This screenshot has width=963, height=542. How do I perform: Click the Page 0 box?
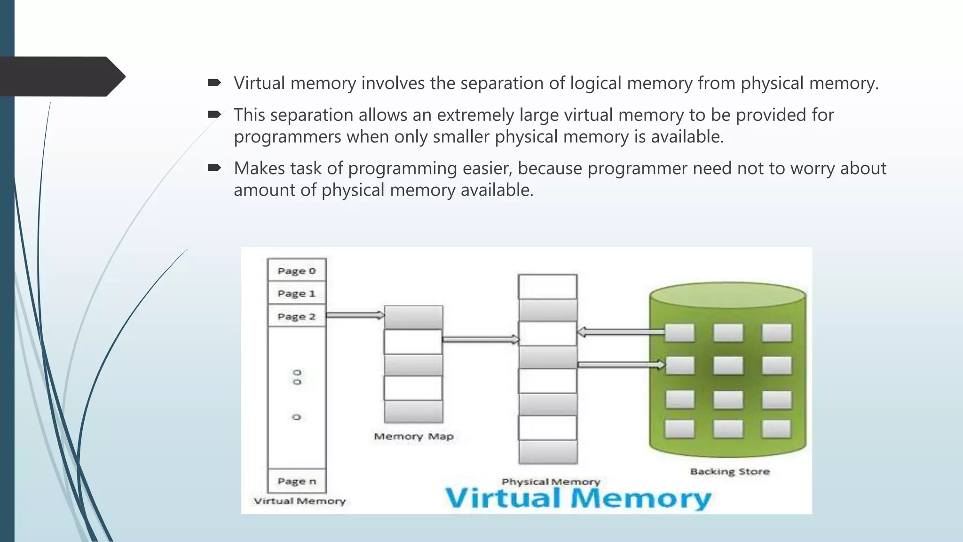point(296,271)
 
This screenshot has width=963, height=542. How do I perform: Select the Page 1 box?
point(296,293)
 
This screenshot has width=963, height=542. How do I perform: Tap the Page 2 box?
point(296,316)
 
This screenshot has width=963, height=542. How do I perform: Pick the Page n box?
point(296,481)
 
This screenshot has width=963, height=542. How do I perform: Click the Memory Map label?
point(414,436)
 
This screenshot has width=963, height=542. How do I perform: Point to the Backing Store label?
point(730,471)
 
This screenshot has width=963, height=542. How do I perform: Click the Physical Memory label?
point(551,481)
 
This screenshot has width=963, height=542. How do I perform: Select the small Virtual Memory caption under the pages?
point(300,501)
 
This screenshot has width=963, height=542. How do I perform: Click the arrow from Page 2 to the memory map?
point(355,315)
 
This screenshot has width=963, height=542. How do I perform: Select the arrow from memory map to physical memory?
point(481,339)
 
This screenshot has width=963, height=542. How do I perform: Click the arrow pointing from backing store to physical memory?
point(621,332)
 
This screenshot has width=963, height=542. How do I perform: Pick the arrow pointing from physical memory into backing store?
point(621,365)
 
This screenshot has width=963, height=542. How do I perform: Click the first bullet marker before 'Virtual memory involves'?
point(214,83)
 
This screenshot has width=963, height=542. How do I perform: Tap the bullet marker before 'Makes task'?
point(214,168)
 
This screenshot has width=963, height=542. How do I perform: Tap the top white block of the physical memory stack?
point(547,286)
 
